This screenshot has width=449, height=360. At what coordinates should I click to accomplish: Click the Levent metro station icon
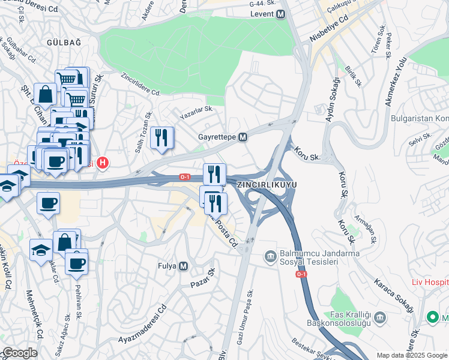point(280,14)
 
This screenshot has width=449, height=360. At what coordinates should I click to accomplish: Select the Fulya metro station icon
point(184,266)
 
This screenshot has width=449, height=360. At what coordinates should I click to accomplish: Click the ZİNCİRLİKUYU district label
point(267,184)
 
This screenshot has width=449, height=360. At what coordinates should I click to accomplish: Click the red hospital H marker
point(103,162)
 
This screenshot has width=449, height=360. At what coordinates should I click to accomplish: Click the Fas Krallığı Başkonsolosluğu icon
point(380,316)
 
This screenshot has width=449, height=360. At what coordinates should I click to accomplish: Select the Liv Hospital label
point(430,281)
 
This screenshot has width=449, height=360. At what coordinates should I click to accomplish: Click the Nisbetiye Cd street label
point(329,28)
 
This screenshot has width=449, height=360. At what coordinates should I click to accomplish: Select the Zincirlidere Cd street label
point(141,85)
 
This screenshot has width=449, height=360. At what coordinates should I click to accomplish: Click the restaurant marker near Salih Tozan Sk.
point(161,138)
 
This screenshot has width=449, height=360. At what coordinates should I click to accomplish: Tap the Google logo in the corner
point(20,353)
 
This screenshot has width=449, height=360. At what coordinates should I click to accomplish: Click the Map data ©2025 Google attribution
point(411,355)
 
